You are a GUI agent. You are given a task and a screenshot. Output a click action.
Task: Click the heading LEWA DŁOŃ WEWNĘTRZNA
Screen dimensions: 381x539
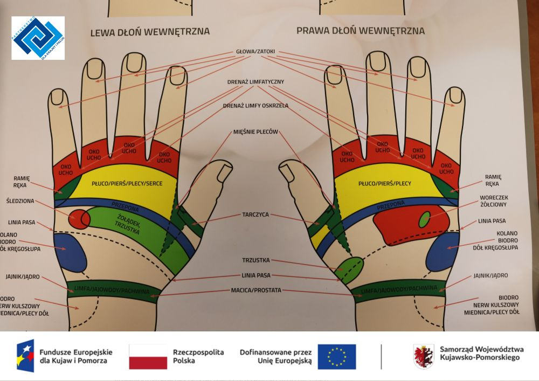(x=149, y=32)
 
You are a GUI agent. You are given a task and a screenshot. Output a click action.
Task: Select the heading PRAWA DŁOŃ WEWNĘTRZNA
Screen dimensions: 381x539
(x=360, y=30)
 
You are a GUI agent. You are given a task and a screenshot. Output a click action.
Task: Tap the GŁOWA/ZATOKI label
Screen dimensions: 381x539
(x=255, y=52)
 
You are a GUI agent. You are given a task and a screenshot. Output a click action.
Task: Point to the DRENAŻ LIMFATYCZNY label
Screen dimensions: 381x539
(x=255, y=82)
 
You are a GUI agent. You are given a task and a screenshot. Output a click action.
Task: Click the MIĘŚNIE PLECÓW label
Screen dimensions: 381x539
(x=255, y=131)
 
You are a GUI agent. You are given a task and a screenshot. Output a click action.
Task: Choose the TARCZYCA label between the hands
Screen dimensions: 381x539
(x=255, y=214)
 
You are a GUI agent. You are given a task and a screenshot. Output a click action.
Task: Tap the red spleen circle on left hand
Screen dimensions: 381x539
(x=79, y=218)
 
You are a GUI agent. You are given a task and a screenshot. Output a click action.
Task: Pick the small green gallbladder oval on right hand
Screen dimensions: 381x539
(x=424, y=219)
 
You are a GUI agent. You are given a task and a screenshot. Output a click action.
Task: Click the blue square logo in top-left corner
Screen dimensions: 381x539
(x=38, y=38)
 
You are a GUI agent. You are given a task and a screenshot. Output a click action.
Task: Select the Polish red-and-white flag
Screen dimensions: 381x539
(x=148, y=356)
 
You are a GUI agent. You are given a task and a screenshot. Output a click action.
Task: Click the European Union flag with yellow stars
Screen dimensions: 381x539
(x=336, y=356)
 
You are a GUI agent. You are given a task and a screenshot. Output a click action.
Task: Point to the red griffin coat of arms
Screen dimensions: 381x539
(x=423, y=356)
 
